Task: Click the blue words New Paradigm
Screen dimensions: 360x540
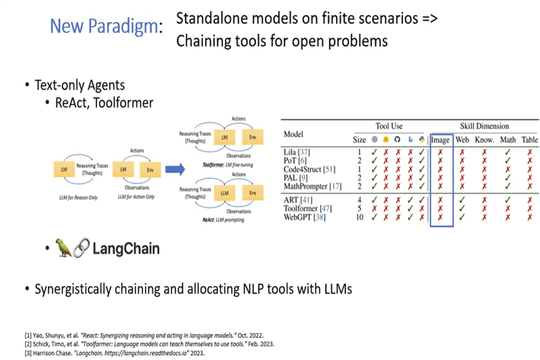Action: coord(103,26)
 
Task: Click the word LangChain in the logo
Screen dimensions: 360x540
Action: coord(126,248)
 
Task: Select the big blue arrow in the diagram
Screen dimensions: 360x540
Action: coord(175,169)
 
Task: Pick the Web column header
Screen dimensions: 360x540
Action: coord(462,140)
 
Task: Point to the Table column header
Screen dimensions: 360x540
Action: coord(529,140)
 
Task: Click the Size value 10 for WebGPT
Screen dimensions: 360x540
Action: coord(359,217)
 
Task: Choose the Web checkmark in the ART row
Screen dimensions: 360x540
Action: coord(462,200)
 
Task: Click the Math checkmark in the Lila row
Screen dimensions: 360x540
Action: coord(507,151)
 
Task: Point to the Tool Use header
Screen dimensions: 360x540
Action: coord(389,126)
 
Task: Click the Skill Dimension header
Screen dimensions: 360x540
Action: coord(484,126)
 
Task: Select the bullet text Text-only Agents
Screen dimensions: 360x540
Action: coord(79,85)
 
